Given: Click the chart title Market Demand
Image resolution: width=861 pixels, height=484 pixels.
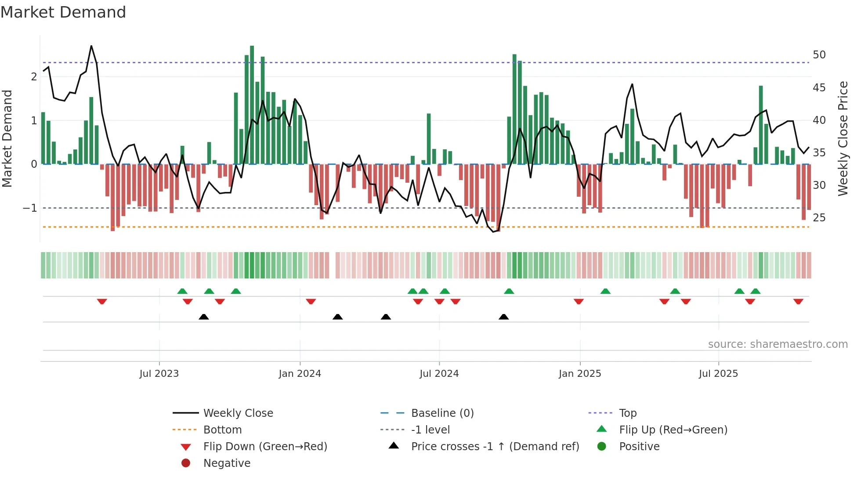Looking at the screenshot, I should click(x=63, y=12).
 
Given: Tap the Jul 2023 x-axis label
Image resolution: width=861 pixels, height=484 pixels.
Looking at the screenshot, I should click(x=159, y=374).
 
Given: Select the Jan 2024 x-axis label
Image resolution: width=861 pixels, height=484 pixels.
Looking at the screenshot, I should click(x=300, y=374).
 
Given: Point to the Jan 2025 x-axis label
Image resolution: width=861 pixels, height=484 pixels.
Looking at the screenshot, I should click(x=580, y=374).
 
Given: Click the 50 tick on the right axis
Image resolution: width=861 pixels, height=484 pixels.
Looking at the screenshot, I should click(x=819, y=55).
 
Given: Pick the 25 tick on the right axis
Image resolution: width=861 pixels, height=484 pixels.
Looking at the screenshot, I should click(x=819, y=217).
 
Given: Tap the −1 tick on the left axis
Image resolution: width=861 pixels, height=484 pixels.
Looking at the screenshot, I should click(x=30, y=208).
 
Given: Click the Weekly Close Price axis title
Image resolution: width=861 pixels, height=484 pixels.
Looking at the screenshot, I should click(x=843, y=138).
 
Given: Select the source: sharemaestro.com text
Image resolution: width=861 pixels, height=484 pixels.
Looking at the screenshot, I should click(x=778, y=344).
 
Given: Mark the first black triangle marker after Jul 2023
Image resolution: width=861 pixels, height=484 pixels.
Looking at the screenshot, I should click(x=204, y=317).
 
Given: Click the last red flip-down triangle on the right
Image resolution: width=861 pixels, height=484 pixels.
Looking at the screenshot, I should click(x=798, y=301).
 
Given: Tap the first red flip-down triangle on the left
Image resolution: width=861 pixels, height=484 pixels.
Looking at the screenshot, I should click(x=102, y=301).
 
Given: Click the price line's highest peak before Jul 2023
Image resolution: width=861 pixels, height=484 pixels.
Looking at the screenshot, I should click(x=91, y=46).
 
